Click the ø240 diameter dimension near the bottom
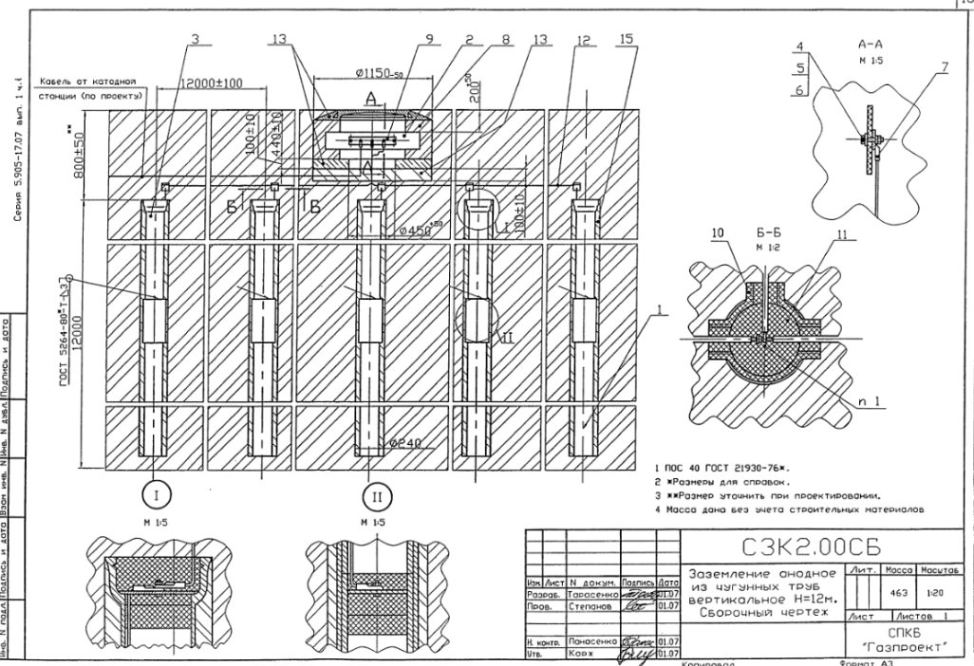pos(403,443)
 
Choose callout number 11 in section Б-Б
pos(835,231)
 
